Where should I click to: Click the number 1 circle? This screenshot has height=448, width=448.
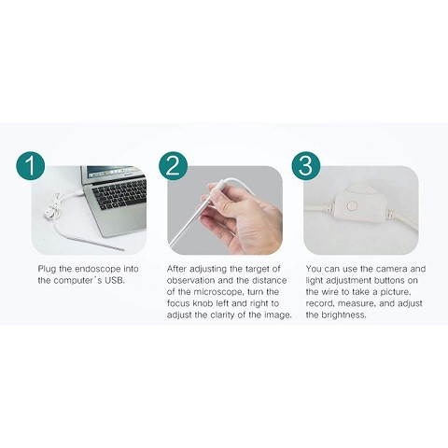30,167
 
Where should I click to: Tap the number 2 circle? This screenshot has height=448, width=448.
173,166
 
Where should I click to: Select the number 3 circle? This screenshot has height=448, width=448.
305,166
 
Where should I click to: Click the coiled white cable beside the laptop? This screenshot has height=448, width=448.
58,208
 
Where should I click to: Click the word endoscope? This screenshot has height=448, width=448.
104,268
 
